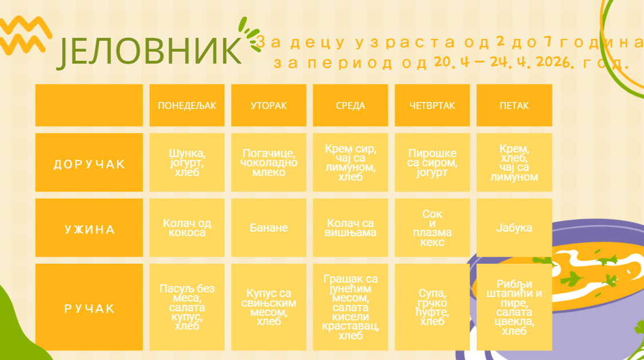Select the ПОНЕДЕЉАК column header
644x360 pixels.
pos(187,105)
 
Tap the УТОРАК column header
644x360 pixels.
pos(268,105)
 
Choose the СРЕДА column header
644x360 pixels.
pos(350,105)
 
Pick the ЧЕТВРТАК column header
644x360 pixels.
pos(432,105)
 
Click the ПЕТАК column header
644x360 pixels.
pos(514,105)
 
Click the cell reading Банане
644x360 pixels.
pos(268,228)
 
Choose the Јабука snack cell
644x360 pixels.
pos(514,228)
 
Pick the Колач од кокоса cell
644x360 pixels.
pos(187,228)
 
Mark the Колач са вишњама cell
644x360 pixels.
pos(350,228)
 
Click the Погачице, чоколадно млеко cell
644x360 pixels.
pos(268,163)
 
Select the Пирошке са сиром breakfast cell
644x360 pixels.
pos(432,163)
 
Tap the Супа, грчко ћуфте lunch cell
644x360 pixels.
pos(432,307)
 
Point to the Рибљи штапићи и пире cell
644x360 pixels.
pos(514,307)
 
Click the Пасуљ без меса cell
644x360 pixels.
pos(187,307)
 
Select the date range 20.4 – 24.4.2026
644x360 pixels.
pos(503,62)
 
